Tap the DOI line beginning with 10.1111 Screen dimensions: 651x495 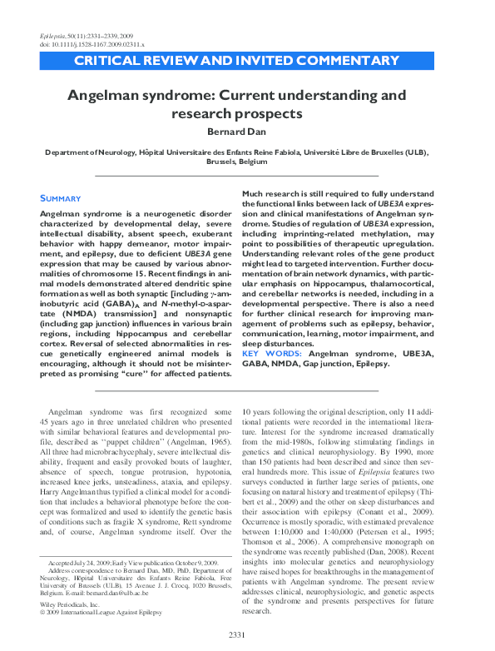coord(87,38)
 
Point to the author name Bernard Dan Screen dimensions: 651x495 coord(247,131)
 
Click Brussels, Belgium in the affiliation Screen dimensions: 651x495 coord(247,163)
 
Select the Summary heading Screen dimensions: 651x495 coord(61,198)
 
